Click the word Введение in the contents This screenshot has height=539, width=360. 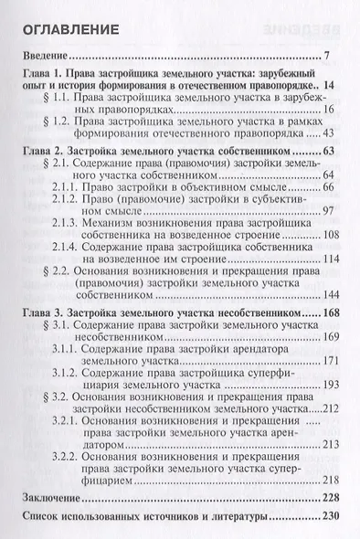(48, 61)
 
